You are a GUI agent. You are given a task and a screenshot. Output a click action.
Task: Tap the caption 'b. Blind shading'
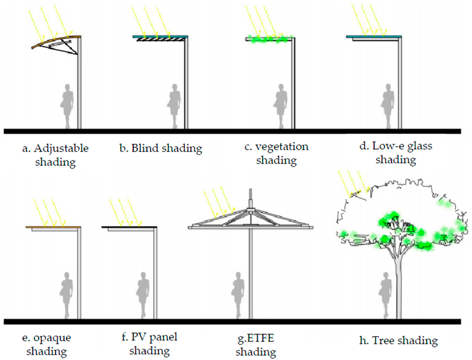click(x=160, y=148)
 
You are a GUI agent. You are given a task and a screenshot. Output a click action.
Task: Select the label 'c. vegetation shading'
click(x=277, y=153)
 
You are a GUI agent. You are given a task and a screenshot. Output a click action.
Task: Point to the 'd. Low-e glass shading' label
click(x=396, y=153)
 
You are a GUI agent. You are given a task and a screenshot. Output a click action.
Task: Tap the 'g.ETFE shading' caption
click(x=256, y=344)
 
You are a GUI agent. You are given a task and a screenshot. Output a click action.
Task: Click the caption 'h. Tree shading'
click(x=398, y=341)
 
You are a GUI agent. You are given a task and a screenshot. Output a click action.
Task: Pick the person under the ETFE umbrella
click(x=237, y=295)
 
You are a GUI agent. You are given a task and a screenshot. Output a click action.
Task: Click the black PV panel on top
click(x=129, y=227)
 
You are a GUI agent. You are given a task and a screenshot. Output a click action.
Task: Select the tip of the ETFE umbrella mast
click(x=250, y=190)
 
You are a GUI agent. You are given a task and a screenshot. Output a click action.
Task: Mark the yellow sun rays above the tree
click(x=353, y=182)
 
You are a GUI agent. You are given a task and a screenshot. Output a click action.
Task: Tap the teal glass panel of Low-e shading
click(x=373, y=36)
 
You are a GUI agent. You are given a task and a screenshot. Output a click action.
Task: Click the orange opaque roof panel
click(x=53, y=227)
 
